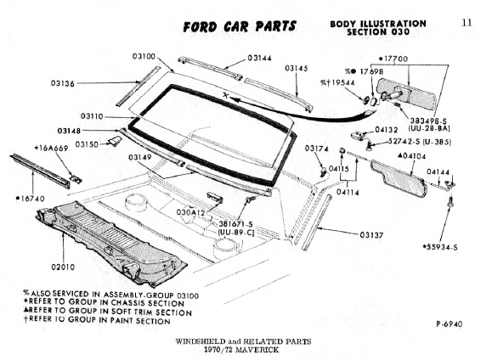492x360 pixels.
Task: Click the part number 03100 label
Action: pos(144,56)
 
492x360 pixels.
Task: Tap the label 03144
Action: pos(259,58)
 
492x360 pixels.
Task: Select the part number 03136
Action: pos(63,83)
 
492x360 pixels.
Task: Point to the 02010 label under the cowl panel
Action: pos(64,267)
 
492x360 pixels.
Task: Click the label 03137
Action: pos(371,235)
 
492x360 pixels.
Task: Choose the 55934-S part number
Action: pos(442,247)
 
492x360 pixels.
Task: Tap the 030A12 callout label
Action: pos(191,212)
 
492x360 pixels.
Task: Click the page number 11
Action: pos(467,23)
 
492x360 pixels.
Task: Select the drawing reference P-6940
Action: pos(450,324)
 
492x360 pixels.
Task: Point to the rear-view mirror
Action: pos(405,93)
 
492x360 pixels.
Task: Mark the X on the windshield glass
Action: pos(225,95)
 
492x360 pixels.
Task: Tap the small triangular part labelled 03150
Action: pos(114,140)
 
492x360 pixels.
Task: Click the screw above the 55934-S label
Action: pos(450,201)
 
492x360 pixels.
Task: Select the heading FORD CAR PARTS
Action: pos(240,26)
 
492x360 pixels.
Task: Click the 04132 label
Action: pos(387,130)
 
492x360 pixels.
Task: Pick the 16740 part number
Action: pos(32,199)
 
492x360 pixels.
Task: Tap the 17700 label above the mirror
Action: pos(396,59)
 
